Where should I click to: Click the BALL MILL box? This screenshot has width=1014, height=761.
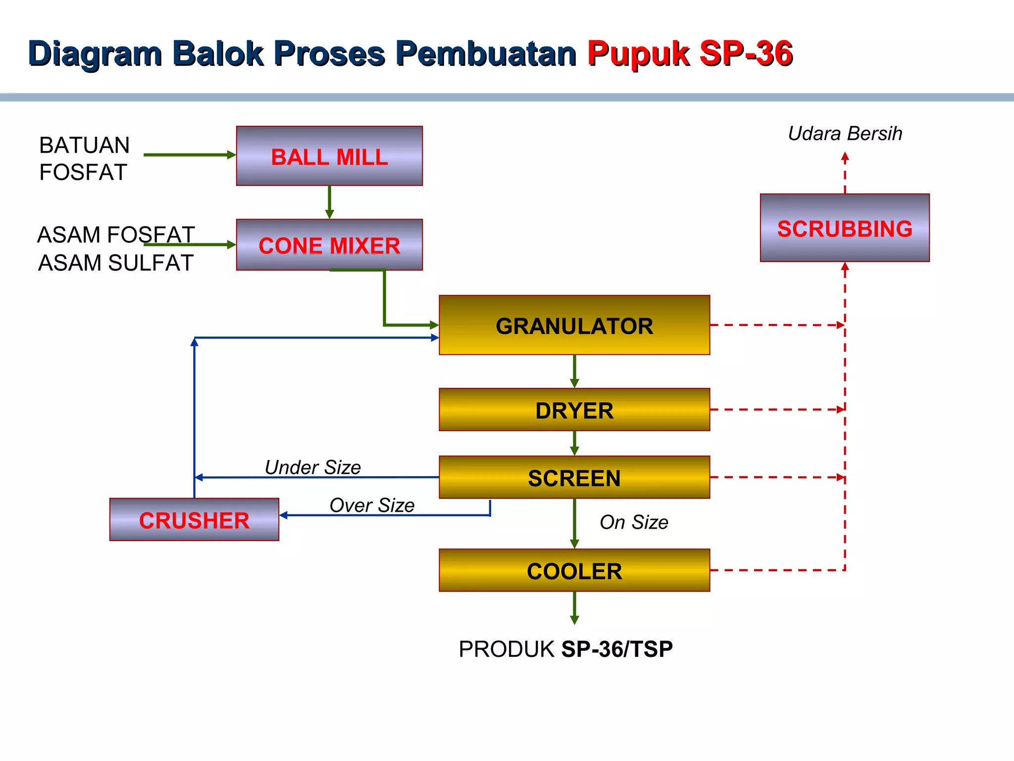coord(329,156)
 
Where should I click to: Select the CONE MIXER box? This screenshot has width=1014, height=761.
coord(329,245)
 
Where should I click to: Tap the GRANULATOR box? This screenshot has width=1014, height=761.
coord(574,325)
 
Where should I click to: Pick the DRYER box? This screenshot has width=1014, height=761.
coord(574,410)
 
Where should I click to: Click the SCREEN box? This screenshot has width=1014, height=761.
coord(574,477)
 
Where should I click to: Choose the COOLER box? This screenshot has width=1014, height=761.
coord(574,570)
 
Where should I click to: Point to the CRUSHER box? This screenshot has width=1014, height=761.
coord(194,520)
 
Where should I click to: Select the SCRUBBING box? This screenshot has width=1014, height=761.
coord(845,228)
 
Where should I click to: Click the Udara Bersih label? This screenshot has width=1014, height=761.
coord(845,134)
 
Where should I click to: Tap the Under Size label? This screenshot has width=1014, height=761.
coord(313,467)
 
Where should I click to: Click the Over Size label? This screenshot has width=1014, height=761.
coord(372,505)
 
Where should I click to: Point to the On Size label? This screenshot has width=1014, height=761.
coord(634,522)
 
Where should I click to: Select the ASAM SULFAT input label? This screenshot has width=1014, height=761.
coord(116,263)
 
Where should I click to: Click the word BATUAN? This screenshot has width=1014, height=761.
coord(85,146)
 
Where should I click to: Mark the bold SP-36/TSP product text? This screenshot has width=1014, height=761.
coord(617,649)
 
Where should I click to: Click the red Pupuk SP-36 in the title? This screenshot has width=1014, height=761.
coord(690,54)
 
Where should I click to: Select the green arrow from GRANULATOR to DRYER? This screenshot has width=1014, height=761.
coord(574,371)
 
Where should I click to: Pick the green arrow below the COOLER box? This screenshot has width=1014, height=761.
coord(574,607)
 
